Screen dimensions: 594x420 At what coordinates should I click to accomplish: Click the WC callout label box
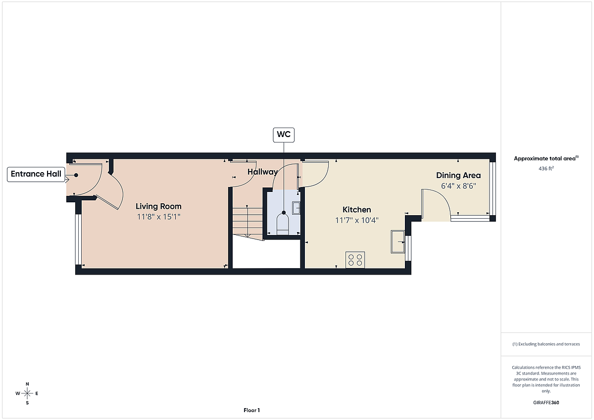point(284,135)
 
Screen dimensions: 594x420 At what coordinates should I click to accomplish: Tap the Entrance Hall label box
point(36,174)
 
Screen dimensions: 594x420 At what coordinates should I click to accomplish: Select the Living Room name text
point(158,206)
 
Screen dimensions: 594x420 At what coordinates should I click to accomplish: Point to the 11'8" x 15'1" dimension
point(158,217)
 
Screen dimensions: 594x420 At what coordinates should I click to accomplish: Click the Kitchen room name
point(357,210)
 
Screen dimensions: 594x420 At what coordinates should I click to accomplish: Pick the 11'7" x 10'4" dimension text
point(357,220)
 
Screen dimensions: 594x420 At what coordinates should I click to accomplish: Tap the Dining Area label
point(458,175)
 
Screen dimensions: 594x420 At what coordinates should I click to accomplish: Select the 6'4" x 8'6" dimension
point(458,186)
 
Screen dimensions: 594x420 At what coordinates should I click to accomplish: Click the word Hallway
point(262,172)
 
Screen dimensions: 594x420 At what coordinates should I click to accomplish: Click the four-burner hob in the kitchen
point(355,260)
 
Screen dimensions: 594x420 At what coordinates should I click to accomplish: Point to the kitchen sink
point(398,242)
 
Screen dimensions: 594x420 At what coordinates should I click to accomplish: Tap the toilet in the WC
point(283,224)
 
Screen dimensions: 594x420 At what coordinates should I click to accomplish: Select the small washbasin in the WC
point(296,208)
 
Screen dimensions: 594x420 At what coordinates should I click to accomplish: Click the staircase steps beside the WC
point(247,222)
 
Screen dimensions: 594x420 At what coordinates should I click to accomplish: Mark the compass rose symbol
point(27,393)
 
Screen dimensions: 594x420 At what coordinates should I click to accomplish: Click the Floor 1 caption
point(251,410)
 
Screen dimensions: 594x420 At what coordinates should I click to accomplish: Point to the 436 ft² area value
point(546,168)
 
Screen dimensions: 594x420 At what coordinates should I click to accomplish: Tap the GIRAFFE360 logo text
point(546,403)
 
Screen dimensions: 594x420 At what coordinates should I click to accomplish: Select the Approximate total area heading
point(546,158)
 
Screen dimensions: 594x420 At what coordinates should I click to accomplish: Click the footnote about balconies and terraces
point(546,344)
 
